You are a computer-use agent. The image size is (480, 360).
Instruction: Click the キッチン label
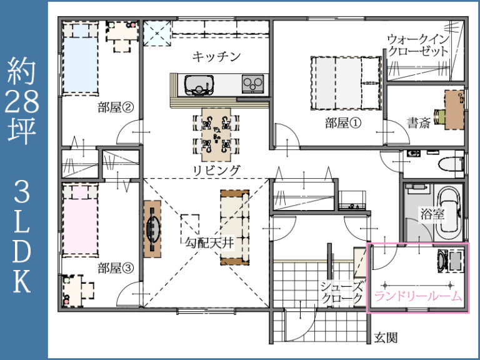point(216,57)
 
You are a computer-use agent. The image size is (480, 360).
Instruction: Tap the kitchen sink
point(198,84)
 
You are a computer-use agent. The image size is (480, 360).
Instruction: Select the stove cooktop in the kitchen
point(253,83)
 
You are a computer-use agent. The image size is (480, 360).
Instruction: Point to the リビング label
point(216,170)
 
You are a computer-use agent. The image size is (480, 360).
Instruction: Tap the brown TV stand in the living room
point(152,229)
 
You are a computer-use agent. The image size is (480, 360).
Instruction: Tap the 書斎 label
point(418,122)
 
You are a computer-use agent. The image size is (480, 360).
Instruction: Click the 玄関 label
point(386,338)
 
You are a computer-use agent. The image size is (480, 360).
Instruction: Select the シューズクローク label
point(342,292)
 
